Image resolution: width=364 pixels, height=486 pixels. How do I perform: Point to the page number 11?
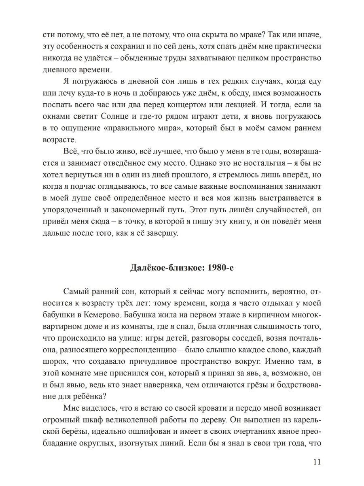[317, 463]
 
